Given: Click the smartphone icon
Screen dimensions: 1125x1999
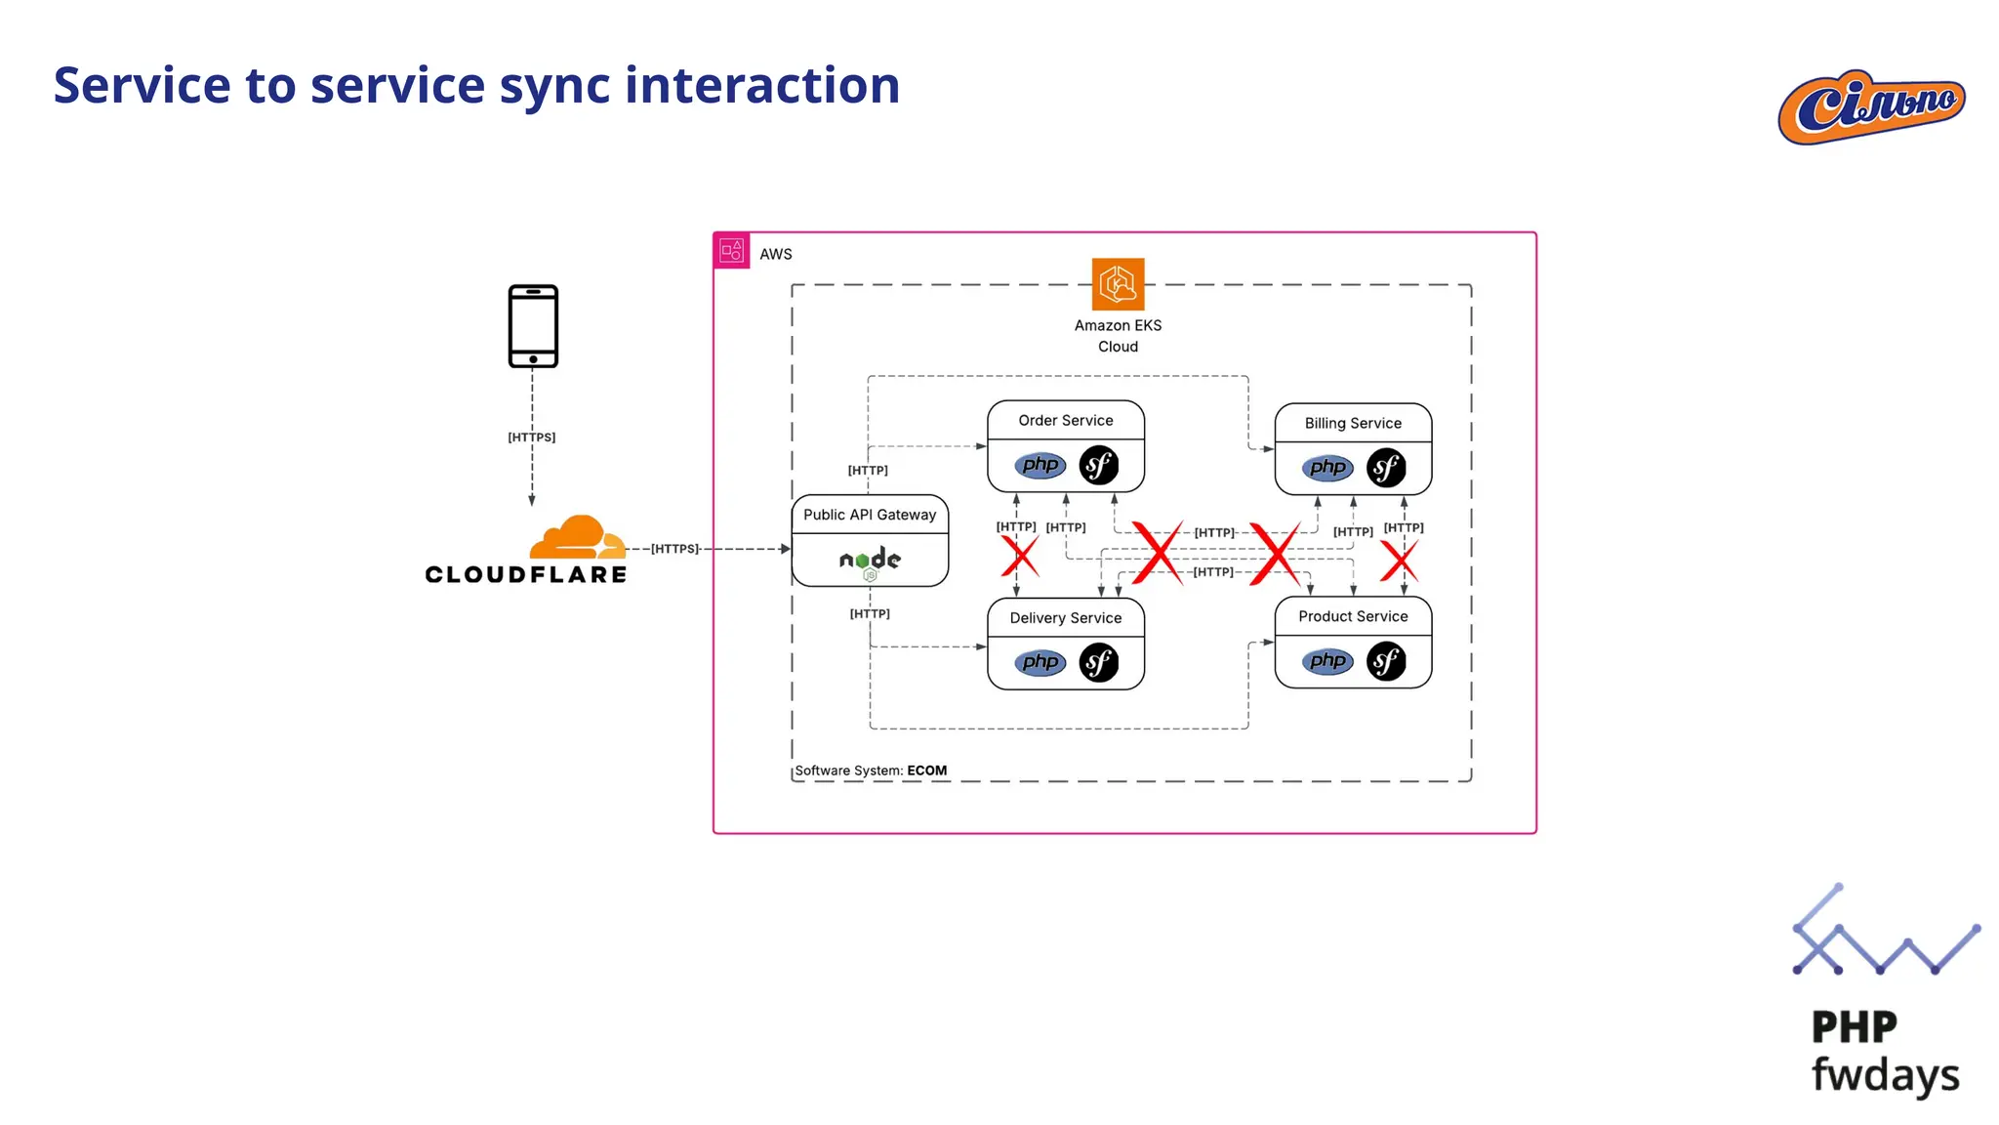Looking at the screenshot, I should pyautogui.click(x=533, y=326).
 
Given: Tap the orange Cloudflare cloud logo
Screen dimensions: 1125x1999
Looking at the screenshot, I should pyautogui.click(x=577, y=537).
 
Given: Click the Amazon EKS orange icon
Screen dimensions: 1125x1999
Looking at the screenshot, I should pyautogui.click(x=1118, y=284).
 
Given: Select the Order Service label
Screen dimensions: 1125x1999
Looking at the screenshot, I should pyautogui.click(x=1065, y=420).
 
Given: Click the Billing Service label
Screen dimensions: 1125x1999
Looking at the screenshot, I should pyautogui.click(x=1353, y=423).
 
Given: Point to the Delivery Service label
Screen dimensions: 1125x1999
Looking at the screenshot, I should pyautogui.click(x=1065, y=618).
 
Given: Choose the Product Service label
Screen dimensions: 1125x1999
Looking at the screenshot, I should pyautogui.click(x=1353, y=616).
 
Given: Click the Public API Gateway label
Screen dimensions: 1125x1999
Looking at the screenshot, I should pyautogui.click(x=869, y=515).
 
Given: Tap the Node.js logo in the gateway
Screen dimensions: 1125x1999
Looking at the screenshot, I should pyautogui.click(x=870, y=561).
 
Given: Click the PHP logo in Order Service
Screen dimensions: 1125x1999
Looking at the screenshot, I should pyautogui.click(x=1040, y=465).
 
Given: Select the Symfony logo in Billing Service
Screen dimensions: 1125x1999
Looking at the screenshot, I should pyautogui.click(x=1386, y=468).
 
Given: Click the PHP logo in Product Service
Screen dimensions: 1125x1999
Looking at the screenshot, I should pyautogui.click(x=1327, y=661).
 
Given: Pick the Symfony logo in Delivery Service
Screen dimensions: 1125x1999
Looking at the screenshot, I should pyautogui.click(x=1099, y=663).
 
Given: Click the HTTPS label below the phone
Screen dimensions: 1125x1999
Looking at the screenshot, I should pyautogui.click(x=531, y=437).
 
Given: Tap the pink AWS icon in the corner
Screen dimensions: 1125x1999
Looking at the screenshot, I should pyautogui.click(x=732, y=251).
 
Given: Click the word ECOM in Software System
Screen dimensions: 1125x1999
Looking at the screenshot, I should pyautogui.click(x=926, y=771).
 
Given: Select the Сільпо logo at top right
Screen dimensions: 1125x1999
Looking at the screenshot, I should pyautogui.click(x=1870, y=106).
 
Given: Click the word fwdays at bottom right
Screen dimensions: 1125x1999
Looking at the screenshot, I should pyautogui.click(x=1885, y=1074).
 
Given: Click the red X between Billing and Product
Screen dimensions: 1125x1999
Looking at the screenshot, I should pyautogui.click(x=1399, y=562).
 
